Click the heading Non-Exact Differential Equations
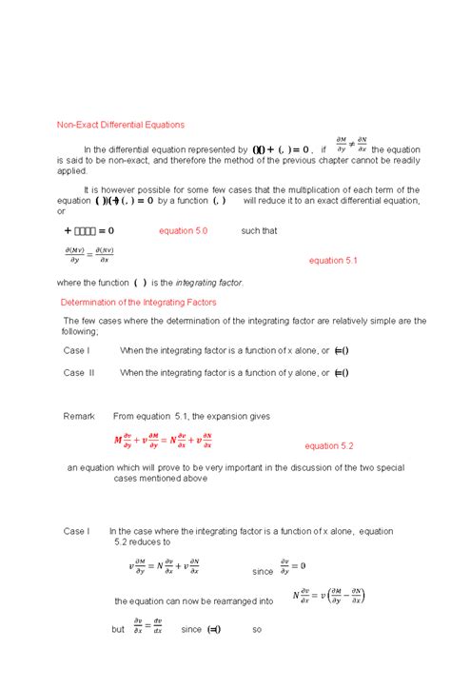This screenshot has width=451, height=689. pos(120,125)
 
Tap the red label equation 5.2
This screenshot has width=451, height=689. pos(329,445)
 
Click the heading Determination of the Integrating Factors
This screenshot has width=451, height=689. pos(138,302)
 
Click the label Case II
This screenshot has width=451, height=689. pos(79,373)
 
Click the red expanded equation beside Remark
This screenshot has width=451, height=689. pos(163,440)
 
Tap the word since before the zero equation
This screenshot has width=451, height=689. pos(263,572)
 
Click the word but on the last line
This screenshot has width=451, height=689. pos(118,629)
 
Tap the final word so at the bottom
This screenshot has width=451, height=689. pos(257,629)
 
